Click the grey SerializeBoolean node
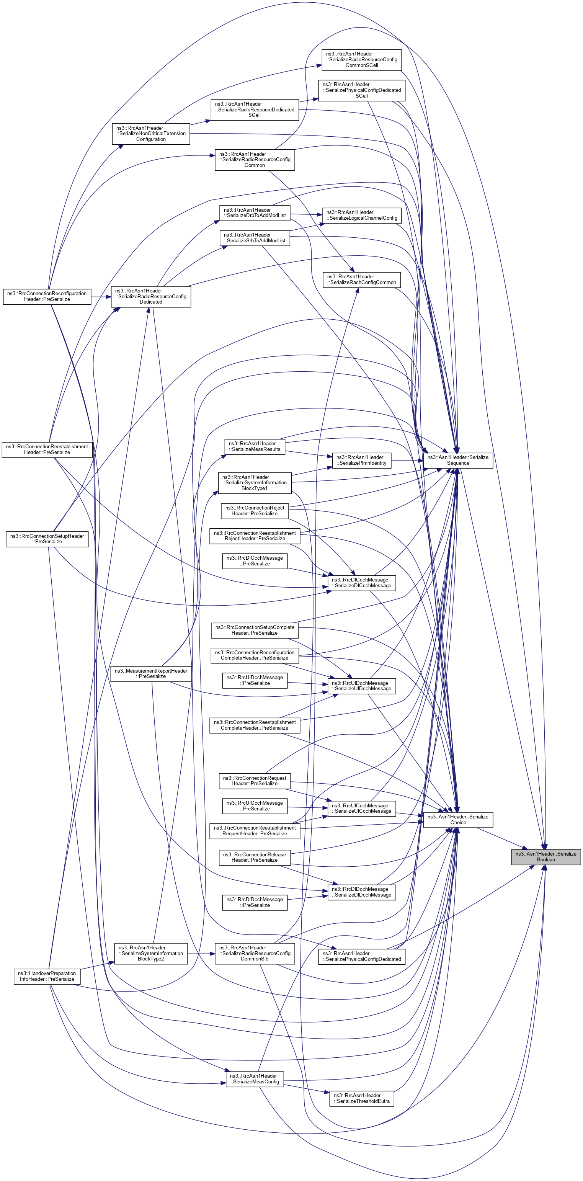(545, 856)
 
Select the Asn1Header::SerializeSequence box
(457, 460)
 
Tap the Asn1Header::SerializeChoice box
(457, 819)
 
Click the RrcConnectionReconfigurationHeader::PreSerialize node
(47, 296)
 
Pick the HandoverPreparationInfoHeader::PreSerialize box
(47, 976)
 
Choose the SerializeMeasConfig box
(255, 1078)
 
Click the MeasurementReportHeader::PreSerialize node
(151, 673)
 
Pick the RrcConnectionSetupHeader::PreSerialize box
(47, 539)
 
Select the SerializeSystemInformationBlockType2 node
(151, 953)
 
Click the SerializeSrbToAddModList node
(255, 237)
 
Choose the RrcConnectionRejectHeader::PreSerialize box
(255, 511)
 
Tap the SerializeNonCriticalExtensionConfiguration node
(151, 133)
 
